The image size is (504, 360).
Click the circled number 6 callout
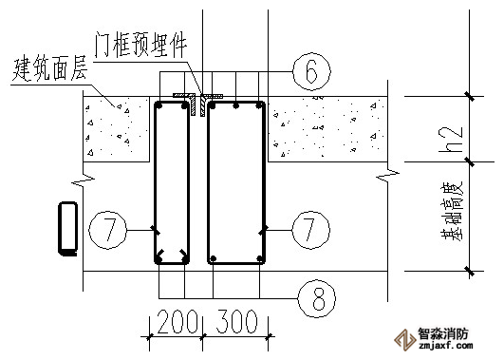click(x=311, y=71)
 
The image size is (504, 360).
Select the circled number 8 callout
click(x=317, y=299)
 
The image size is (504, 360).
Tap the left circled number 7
click(x=107, y=230)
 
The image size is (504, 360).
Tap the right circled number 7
click(x=310, y=230)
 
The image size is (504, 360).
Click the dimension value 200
click(x=177, y=321)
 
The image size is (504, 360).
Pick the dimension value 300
click(x=237, y=321)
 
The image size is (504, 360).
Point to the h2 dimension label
click(x=450, y=139)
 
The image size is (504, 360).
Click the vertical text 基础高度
click(x=452, y=212)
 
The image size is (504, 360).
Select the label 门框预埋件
click(x=140, y=45)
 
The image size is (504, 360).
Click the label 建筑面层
click(x=49, y=69)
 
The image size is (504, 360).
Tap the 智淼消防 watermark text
click(x=443, y=333)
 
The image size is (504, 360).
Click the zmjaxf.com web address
click(x=445, y=346)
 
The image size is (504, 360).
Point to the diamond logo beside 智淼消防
click(x=405, y=340)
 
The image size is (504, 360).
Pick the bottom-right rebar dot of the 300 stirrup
click(x=260, y=258)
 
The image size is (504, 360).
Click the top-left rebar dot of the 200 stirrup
click(x=159, y=105)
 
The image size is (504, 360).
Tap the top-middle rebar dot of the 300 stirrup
click(x=236, y=105)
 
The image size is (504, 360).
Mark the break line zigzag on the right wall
click(x=387, y=177)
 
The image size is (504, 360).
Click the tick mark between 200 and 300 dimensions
click(x=203, y=337)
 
